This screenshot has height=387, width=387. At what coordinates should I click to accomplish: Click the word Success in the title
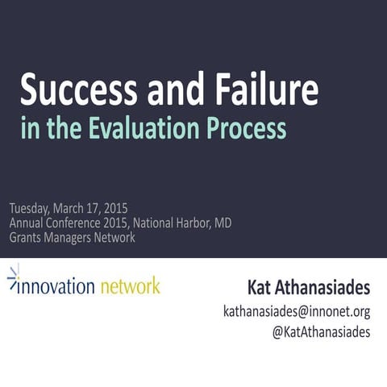pyautogui.click(x=70, y=90)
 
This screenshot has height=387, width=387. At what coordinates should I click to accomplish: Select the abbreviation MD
pyautogui.click(x=221, y=223)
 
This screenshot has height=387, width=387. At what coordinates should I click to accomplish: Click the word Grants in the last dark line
pyautogui.click(x=27, y=238)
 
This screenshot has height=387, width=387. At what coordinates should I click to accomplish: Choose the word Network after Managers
pyautogui.click(x=118, y=238)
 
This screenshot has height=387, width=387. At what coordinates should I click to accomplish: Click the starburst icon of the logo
pyautogui.click(x=14, y=278)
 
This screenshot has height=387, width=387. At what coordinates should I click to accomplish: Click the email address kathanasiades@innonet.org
pyautogui.click(x=296, y=311)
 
